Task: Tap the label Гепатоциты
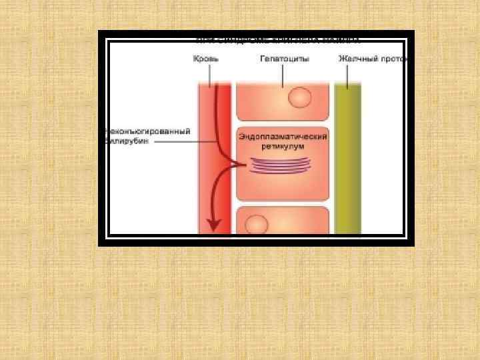pos(283,59)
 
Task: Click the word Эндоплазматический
pos(283,137)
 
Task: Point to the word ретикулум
pos(283,145)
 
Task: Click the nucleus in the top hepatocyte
pos(299,99)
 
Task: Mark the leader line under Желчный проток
pos(347,75)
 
